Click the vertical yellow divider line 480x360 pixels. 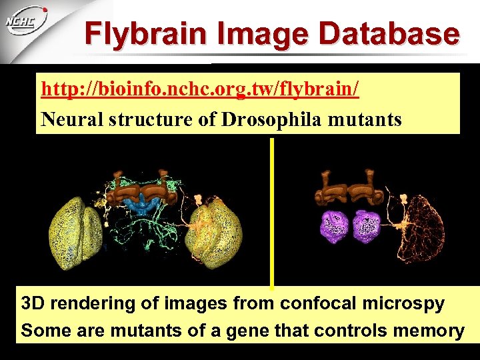click(x=271, y=213)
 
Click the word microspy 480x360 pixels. click(x=404, y=304)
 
